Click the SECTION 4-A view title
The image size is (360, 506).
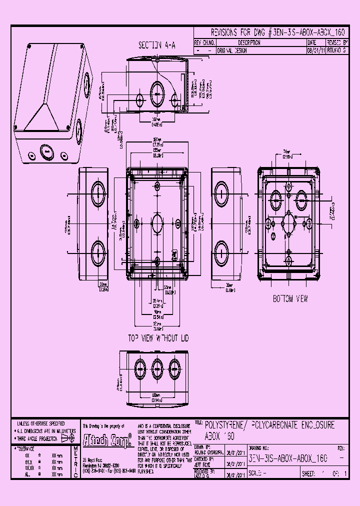tap(157, 45)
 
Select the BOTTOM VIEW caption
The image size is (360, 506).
tap(290, 299)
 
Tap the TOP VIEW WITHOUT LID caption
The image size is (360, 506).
tap(157, 338)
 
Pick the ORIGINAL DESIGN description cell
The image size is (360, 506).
tap(231, 51)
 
